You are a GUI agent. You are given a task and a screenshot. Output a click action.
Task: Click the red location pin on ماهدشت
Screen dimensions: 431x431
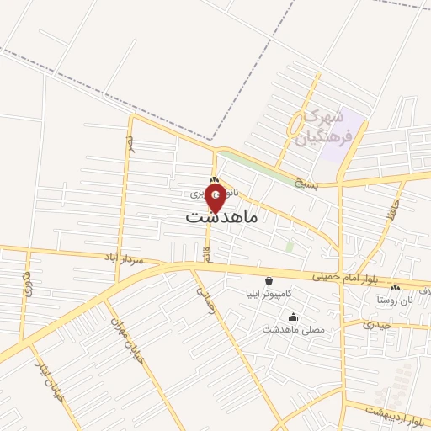pos(216,197)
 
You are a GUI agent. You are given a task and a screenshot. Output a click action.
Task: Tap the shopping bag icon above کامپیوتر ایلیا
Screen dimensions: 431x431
pos(269,281)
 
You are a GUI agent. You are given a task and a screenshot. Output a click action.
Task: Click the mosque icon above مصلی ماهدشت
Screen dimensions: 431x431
pos(293,317)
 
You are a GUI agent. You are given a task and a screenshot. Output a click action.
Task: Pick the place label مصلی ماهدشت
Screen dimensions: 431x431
pos(293,330)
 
